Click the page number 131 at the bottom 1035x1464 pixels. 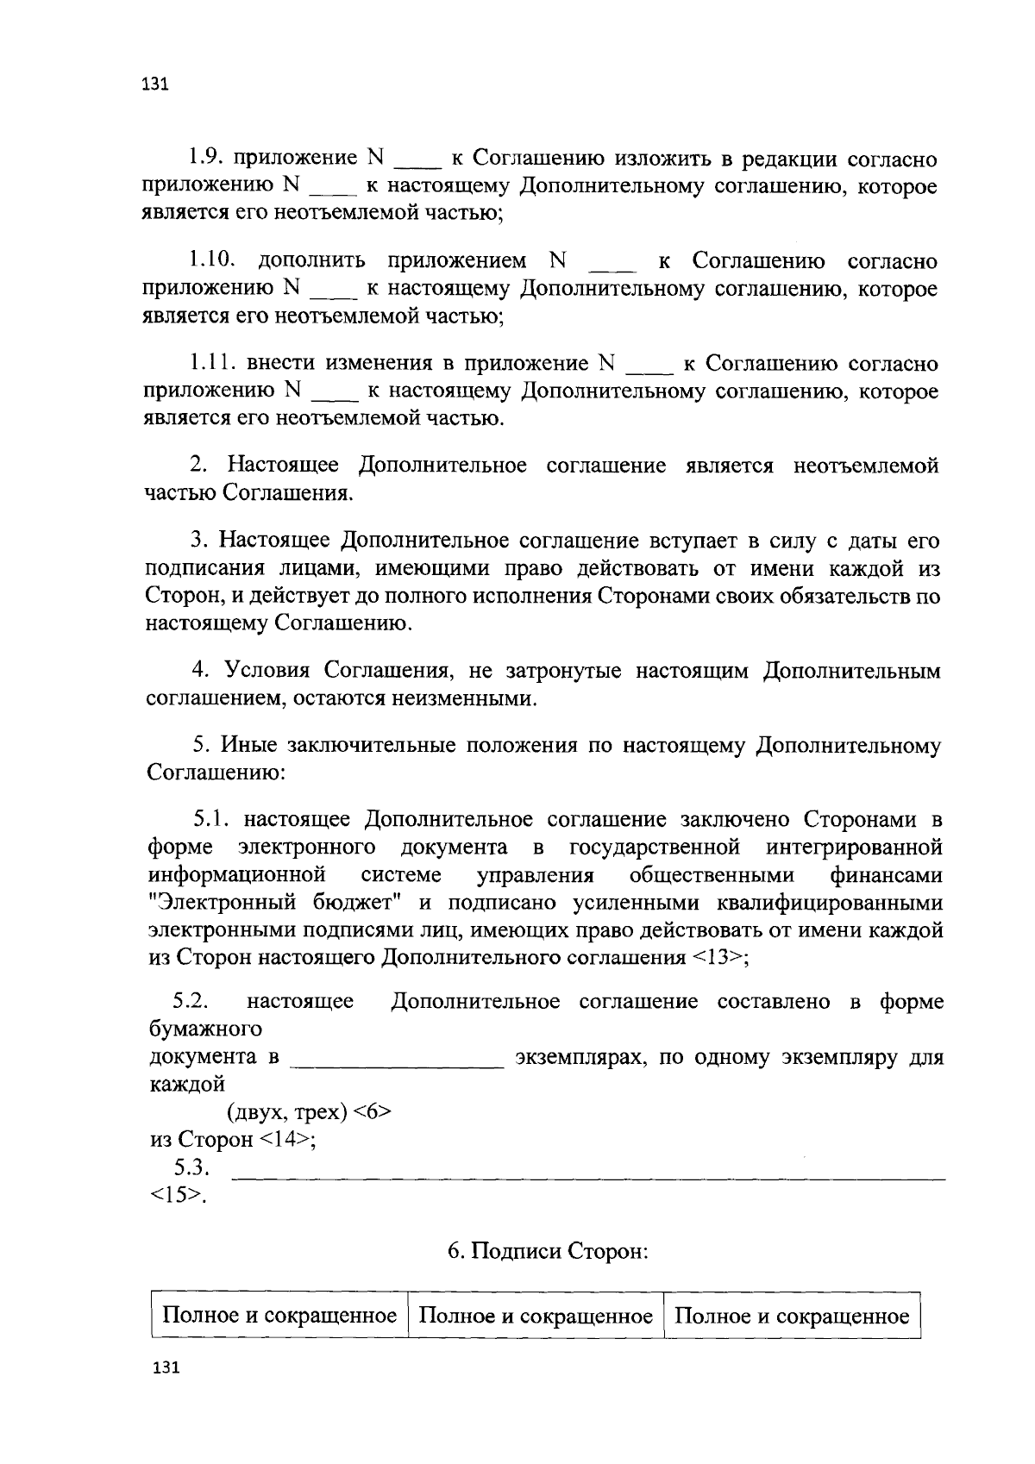(x=162, y=1369)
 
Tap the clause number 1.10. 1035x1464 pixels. (x=212, y=261)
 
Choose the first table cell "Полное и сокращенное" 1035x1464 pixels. (x=279, y=1316)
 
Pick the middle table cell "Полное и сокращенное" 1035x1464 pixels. (x=535, y=1316)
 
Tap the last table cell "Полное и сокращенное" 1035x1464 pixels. (x=791, y=1316)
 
